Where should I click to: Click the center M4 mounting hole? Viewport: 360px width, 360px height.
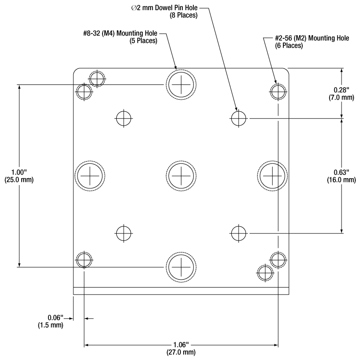[x=181, y=176]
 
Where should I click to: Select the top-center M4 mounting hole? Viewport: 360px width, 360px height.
[x=181, y=84]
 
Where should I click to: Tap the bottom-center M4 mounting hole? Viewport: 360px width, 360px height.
[x=181, y=267]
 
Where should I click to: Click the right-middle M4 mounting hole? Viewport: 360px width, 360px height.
[x=272, y=176]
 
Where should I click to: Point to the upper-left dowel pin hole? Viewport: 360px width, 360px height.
[x=124, y=118]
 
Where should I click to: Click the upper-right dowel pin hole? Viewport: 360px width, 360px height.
[x=238, y=118]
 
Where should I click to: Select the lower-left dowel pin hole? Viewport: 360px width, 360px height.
[x=124, y=233]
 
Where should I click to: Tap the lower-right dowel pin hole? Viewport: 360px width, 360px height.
[x=238, y=233]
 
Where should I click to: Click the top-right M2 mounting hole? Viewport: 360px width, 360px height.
[x=278, y=91]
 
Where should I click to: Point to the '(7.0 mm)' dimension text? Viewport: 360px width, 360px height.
[x=341, y=97]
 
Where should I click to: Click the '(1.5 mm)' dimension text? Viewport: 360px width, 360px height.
[x=50, y=325]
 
